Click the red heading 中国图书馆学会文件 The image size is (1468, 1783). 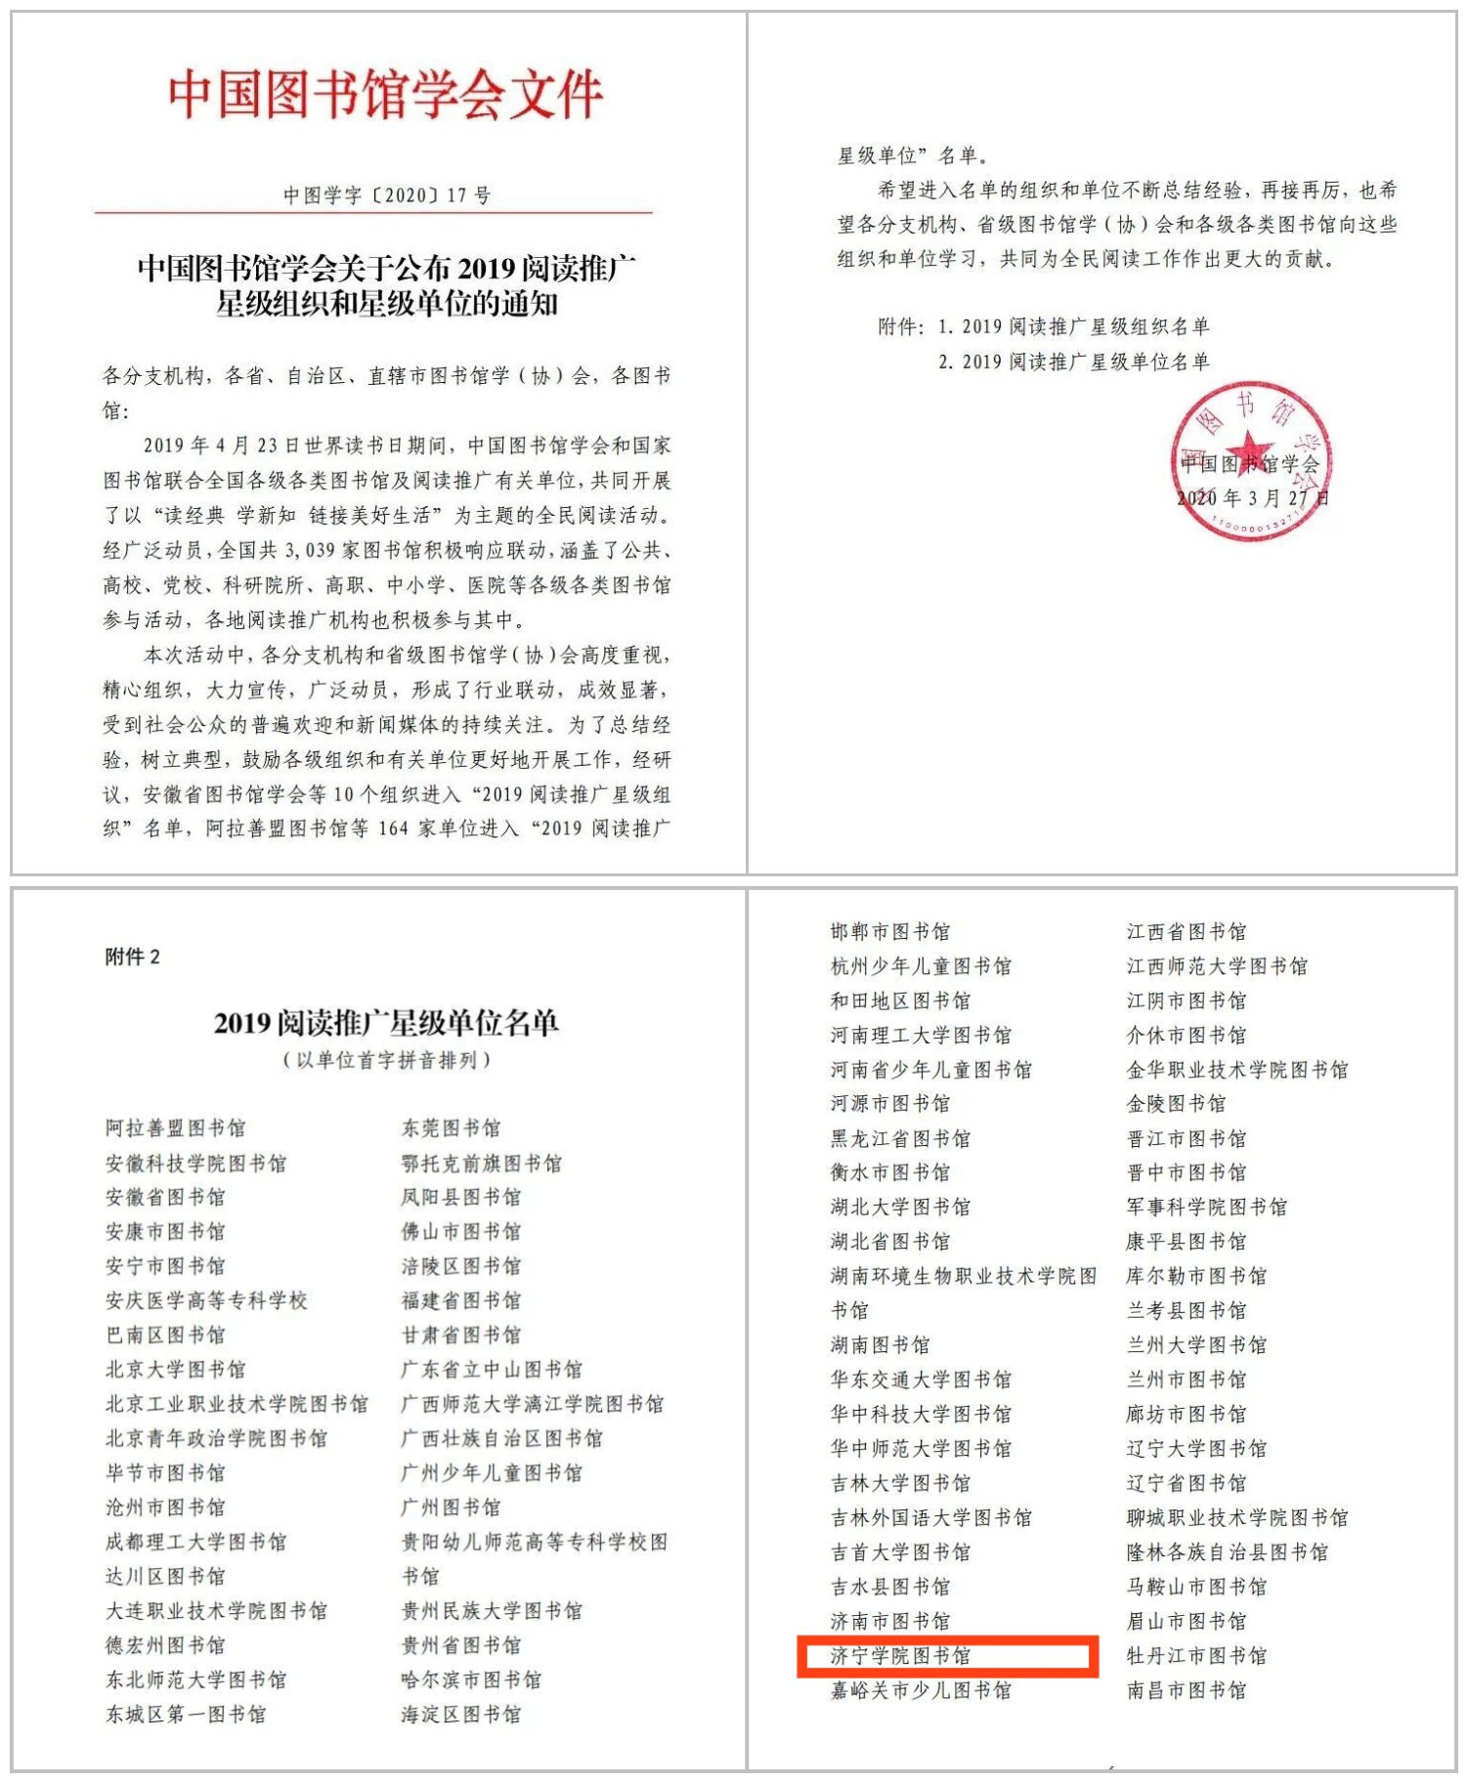(385, 95)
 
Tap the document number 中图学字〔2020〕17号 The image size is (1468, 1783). (387, 195)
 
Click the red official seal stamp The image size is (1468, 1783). (1250, 459)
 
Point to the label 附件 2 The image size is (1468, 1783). (132, 956)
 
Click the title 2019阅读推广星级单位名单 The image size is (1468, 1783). (386, 1023)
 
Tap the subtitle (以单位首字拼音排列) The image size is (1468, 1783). (386, 1060)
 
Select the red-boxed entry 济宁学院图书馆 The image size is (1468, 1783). (900, 1656)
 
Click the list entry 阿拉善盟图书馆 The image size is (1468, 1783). (176, 1128)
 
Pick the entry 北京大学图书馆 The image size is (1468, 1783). (176, 1370)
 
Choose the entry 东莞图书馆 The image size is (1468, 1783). (451, 1128)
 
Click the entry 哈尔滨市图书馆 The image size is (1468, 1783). (471, 1679)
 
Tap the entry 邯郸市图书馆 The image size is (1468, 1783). (889, 931)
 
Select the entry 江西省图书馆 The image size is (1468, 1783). (1186, 931)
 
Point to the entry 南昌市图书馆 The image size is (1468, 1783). (1186, 1690)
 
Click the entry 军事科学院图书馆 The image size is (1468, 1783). (1206, 1208)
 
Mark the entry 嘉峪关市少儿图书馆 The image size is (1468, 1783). (921, 1690)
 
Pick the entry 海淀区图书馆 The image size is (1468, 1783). (460, 1714)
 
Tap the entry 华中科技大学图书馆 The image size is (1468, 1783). (921, 1414)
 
